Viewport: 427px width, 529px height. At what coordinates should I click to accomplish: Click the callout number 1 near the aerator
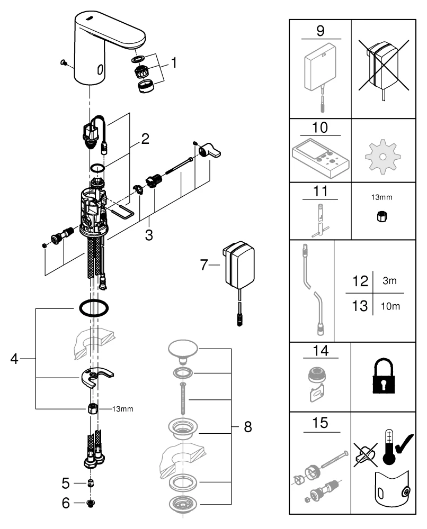[x=174, y=64]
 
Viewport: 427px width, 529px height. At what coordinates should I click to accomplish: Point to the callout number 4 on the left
[x=15, y=359]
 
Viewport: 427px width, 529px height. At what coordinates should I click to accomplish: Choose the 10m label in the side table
[x=389, y=307]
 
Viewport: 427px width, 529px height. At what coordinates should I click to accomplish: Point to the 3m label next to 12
[x=389, y=281]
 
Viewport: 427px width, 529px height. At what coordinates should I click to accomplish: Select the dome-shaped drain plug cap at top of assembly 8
[x=183, y=349]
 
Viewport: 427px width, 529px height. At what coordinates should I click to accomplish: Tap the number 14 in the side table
[x=321, y=350]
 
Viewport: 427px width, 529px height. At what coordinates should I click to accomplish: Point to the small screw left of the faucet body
[x=63, y=63]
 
